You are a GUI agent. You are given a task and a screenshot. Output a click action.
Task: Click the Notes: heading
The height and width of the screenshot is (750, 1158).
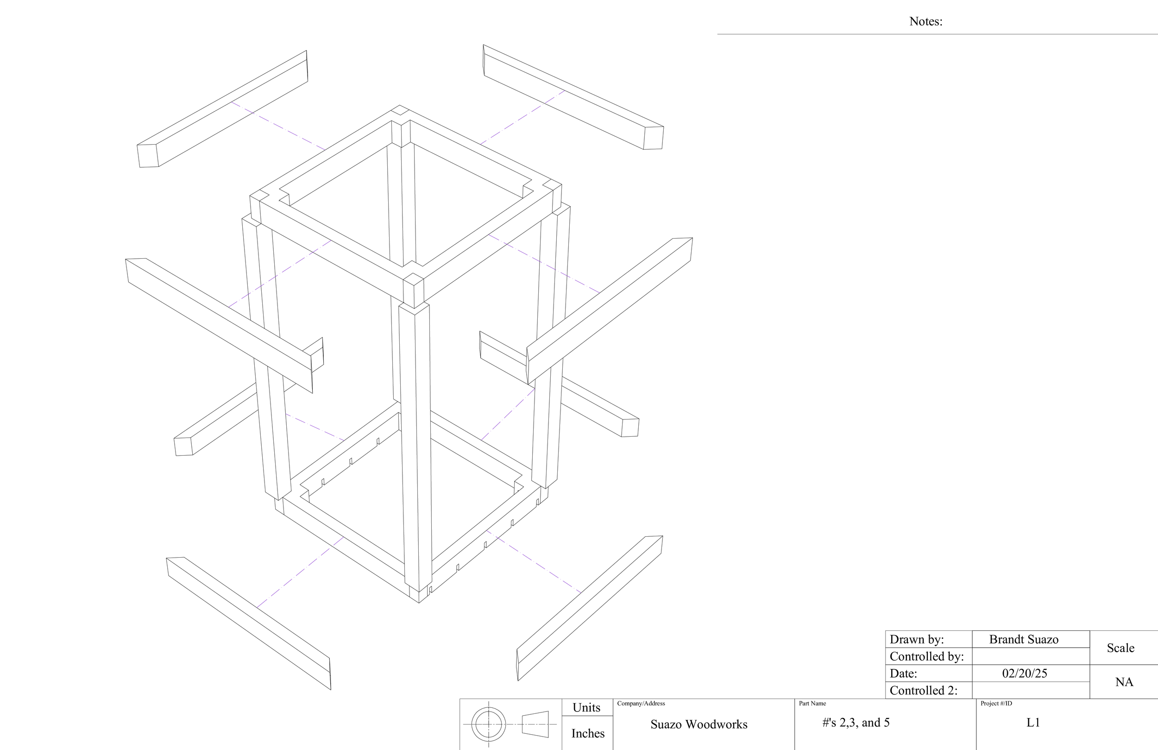[x=925, y=21]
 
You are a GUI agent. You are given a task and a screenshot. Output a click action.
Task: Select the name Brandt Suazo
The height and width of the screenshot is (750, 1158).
[x=1024, y=640]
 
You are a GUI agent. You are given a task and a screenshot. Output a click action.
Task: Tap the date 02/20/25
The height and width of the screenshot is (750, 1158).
[x=1024, y=674]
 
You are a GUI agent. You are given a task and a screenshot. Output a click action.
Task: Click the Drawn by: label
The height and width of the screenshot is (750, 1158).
[x=917, y=640]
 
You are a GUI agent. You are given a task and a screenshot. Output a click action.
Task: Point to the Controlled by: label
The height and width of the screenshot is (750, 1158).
[x=926, y=656]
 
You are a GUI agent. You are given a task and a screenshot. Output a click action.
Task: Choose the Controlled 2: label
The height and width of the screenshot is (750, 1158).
[x=924, y=691]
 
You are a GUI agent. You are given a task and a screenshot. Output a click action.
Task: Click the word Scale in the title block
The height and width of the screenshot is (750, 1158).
[x=1120, y=648]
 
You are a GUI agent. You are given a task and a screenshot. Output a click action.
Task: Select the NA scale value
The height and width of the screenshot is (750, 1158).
[x=1124, y=682]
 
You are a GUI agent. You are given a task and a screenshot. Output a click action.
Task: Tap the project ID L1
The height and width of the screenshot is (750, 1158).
[x=1033, y=723]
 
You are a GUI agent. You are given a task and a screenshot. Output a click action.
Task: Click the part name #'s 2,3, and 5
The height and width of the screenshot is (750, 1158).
[x=856, y=723]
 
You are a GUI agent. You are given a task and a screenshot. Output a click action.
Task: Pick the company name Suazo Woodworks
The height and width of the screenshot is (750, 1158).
[x=699, y=724]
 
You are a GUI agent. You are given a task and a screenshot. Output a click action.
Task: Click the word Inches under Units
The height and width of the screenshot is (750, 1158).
[x=588, y=733]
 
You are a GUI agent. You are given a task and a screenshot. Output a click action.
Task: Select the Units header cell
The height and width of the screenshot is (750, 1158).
[x=586, y=708]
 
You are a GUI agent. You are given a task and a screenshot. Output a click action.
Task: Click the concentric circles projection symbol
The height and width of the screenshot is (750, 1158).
[x=489, y=724]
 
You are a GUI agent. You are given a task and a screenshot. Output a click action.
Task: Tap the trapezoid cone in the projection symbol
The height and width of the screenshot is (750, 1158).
[x=535, y=724]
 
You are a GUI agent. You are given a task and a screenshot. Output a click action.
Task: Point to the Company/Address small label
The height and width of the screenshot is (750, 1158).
[x=641, y=703]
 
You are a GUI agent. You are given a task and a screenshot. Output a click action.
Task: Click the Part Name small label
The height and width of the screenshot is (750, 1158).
[x=812, y=703]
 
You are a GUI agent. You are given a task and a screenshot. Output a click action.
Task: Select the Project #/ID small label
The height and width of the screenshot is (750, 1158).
[x=996, y=703]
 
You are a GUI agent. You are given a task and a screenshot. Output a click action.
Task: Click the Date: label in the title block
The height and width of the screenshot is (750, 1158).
[x=904, y=674]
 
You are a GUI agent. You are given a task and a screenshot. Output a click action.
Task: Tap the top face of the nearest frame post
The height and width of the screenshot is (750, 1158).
[x=414, y=279]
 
